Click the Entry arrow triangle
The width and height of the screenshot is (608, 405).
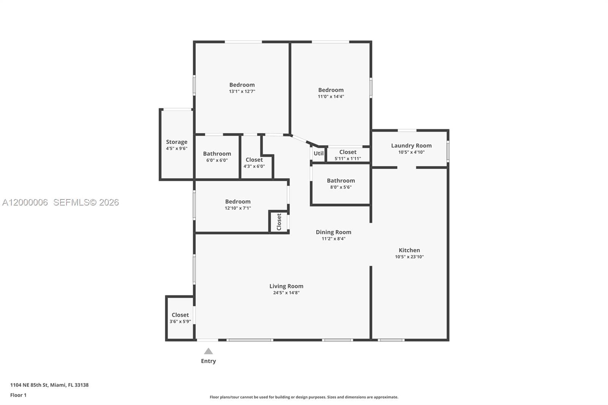click(208, 351)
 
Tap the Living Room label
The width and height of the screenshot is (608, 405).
click(286, 286)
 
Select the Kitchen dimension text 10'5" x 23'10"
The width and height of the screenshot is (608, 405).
click(409, 257)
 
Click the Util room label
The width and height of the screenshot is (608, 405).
click(318, 153)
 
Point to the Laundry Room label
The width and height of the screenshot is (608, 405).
click(411, 146)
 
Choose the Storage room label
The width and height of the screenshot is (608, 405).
click(176, 142)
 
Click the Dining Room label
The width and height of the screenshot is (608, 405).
click(333, 232)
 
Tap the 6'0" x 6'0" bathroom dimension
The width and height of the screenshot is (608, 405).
click(217, 160)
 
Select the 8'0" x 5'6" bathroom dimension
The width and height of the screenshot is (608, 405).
click(341, 187)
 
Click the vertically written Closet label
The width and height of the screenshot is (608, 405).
click(279, 222)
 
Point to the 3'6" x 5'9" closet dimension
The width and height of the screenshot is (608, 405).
click(180, 321)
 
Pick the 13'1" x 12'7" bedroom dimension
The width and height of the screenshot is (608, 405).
click(242, 92)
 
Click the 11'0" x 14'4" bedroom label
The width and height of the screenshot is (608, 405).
click(331, 90)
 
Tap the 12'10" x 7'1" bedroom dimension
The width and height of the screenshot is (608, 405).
click(238, 208)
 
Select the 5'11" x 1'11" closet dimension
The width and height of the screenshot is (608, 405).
click(348, 158)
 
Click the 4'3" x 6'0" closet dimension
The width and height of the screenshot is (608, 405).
click(254, 166)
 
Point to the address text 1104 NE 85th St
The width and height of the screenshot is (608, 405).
click(49, 385)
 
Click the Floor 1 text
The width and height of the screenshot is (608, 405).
click(18, 395)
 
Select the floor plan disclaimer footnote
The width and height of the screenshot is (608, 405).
click(304, 397)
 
